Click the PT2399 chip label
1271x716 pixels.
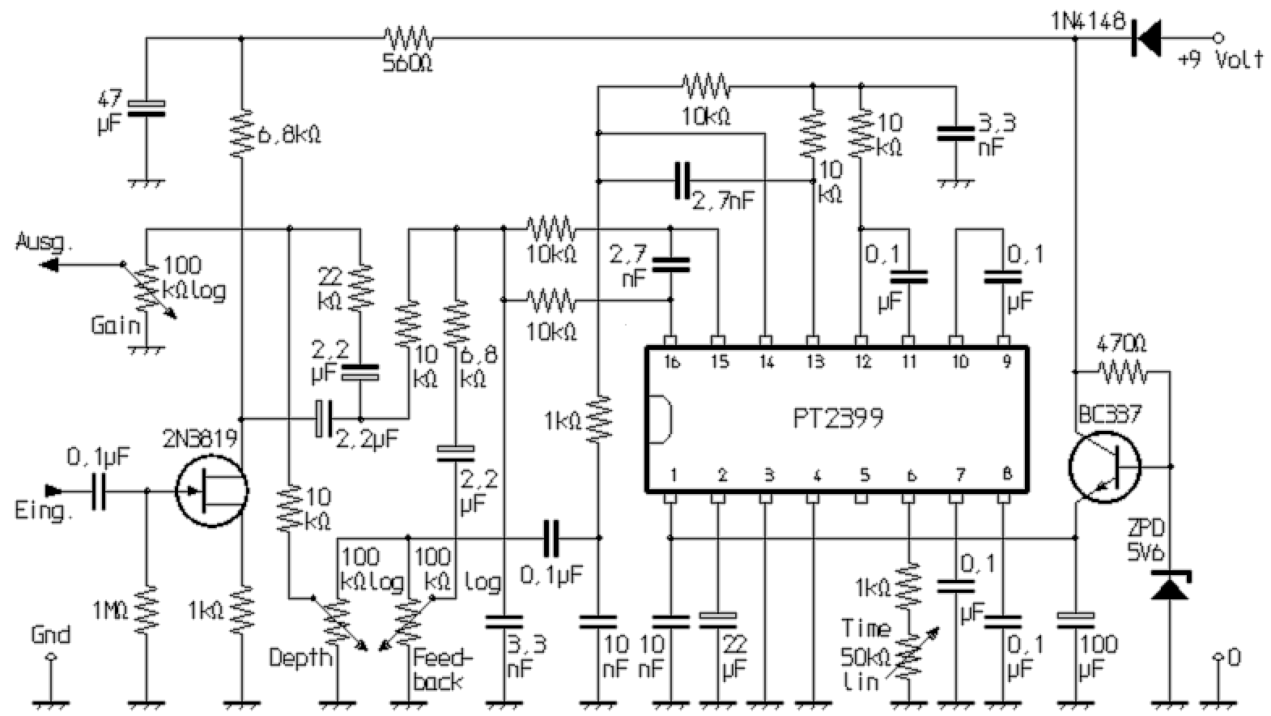click(837, 419)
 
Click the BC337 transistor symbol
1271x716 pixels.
click(1103, 467)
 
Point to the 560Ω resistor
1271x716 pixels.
click(409, 37)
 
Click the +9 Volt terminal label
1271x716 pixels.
click(1219, 59)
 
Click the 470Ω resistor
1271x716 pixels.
click(1123, 373)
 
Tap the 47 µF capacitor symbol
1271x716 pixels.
click(147, 109)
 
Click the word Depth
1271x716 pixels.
click(300, 657)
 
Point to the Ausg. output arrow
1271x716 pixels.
click(50, 264)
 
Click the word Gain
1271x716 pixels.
click(115, 326)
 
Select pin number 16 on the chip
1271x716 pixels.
click(671, 362)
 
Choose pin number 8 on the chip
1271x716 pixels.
click(1006, 474)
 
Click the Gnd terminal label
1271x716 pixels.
click(50, 634)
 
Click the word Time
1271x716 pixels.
click(865, 628)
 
